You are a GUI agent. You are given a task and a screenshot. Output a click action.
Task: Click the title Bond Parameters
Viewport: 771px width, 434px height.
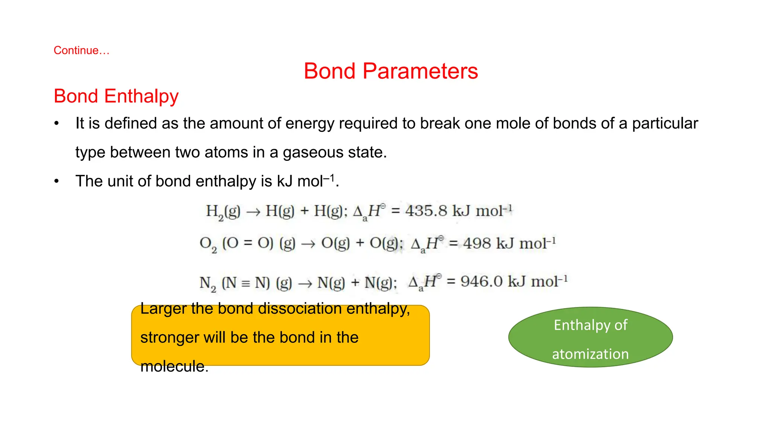pyautogui.click(x=391, y=71)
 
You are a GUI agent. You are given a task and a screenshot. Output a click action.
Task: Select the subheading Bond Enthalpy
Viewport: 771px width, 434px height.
pyautogui.click(x=116, y=96)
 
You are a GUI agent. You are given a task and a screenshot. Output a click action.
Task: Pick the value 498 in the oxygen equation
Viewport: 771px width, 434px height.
pyautogui.click(x=477, y=243)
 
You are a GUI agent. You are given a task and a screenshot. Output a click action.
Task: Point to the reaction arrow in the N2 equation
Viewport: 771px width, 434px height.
pyautogui.click(x=305, y=283)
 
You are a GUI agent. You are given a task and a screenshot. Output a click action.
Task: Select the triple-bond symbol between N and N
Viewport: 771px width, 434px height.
pyautogui.click(x=245, y=283)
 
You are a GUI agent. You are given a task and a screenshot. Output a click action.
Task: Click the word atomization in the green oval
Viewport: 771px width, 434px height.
pyautogui.click(x=590, y=354)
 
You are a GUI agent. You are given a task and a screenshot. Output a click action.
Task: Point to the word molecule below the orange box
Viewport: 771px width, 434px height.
pyautogui.click(x=174, y=366)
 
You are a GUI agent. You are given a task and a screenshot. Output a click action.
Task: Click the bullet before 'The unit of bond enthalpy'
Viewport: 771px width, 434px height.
pyautogui.click(x=56, y=182)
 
